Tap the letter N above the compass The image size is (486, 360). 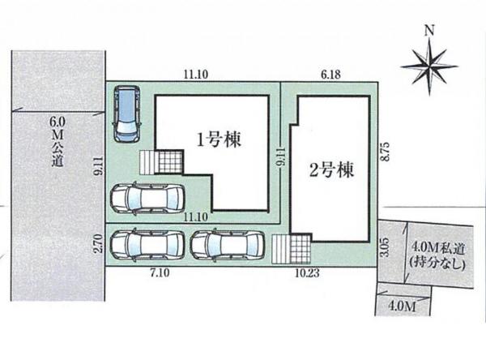click(x=429, y=31)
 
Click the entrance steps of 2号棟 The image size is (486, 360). click(x=291, y=247)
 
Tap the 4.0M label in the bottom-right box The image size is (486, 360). click(x=402, y=306)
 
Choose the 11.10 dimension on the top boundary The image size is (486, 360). click(x=196, y=73)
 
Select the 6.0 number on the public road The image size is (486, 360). click(x=56, y=122)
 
